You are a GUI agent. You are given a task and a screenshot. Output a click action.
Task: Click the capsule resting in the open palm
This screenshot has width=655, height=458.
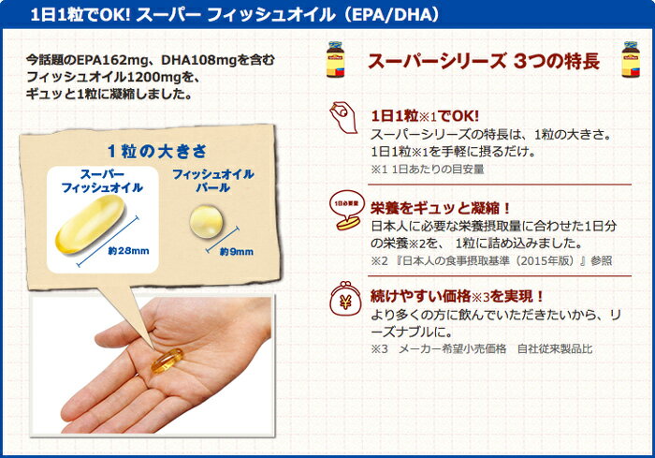pyautogui.click(x=167, y=361)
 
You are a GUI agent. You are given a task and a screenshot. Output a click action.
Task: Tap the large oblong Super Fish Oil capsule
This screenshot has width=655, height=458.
pyautogui.click(x=90, y=224)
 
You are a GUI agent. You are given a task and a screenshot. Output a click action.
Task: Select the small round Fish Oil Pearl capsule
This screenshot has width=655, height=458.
pyautogui.click(x=207, y=222)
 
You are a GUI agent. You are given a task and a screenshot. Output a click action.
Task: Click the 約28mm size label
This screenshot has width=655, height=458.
pyautogui.click(x=128, y=251)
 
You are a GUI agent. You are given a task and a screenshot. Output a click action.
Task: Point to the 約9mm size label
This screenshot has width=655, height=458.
pyautogui.click(x=237, y=252)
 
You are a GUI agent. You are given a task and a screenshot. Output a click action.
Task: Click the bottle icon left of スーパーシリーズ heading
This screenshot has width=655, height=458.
pyautogui.click(x=335, y=59)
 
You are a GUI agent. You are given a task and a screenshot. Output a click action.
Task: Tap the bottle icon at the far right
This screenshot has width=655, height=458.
pyautogui.click(x=631, y=59)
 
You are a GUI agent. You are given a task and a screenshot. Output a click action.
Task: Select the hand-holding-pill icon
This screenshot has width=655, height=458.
pyautogui.click(x=343, y=117)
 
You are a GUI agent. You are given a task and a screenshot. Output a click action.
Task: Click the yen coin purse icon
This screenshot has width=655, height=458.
pyautogui.click(x=345, y=299)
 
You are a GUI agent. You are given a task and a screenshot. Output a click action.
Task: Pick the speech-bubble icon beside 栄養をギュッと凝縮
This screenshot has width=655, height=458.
pyautogui.click(x=346, y=210)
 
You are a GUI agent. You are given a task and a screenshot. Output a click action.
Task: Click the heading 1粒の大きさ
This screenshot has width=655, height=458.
pyautogui.click(x=157, y=151)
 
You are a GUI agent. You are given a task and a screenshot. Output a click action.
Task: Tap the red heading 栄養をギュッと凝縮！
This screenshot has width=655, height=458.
pyautogui.click(x=441, y=208)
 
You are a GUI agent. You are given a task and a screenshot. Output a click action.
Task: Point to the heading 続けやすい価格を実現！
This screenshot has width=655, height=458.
pyautogui.click(x=458, y=297)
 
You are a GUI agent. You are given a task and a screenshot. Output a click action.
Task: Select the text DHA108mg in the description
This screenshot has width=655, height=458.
pyautogui.click(x=199, y=60)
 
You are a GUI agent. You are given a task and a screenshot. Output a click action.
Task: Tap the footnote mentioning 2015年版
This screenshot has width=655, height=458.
pyautogui.click(x=491, y=260)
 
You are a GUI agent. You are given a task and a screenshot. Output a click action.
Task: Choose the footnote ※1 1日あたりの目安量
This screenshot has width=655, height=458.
pyautogui.click(x=428, y=169)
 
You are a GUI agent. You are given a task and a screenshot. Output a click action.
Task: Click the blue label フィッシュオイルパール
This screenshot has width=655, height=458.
pyautogui.click(x=213, y=181)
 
